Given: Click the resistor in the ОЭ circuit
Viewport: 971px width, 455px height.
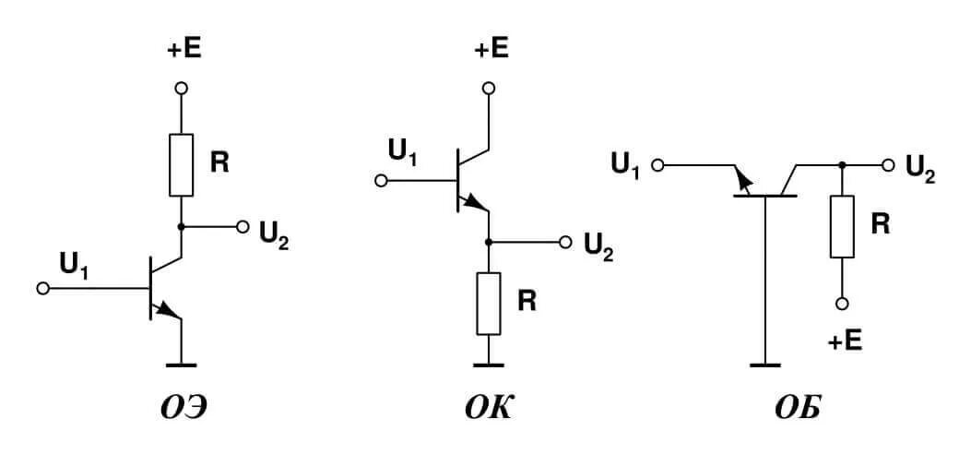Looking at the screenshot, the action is click(x=182, y=164).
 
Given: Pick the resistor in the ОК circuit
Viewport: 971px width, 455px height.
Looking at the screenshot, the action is click(x=489, y=304).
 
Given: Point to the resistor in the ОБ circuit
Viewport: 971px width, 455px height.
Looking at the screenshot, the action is click(x=842, y=226).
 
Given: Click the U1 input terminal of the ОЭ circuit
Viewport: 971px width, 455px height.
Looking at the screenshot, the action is click(x=41, y=288).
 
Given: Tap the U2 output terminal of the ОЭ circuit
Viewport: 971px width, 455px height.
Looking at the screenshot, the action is click(x=243, y=226).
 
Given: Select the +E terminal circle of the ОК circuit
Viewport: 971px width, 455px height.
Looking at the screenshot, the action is click(x=489, y=88).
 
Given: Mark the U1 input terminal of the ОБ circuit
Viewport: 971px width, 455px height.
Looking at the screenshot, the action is click(x=657, y=165).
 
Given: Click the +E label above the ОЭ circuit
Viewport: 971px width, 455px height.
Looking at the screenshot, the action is click(x=184, y=50).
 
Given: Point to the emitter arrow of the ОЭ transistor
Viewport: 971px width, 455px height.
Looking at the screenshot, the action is click(x=171, y=311).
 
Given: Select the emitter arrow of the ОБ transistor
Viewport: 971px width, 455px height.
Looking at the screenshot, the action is click(x=740, y=181).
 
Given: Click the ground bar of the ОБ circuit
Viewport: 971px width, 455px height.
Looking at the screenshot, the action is click(x=764, y=365).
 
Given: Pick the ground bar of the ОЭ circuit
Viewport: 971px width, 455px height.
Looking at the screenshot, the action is click(x=183, y=364).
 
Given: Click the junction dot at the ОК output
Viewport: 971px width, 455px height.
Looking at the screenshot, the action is click(x=489, y=242).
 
